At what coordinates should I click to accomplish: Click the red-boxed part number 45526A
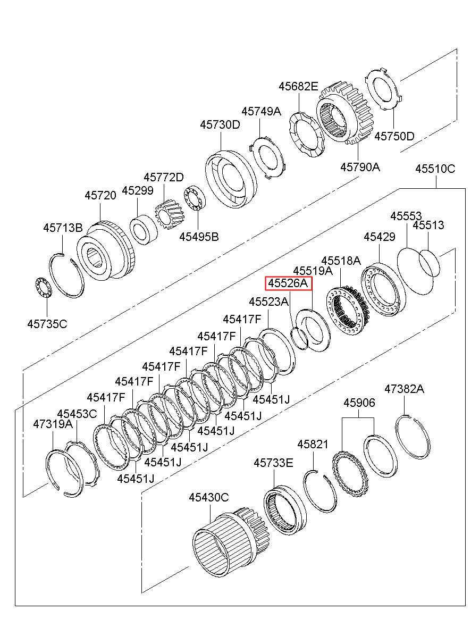288,284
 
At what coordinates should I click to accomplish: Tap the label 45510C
435,169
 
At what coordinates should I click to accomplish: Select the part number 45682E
299,86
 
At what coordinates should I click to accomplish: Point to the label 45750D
394,136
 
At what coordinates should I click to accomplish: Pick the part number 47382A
405,389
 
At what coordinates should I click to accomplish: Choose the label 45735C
47,324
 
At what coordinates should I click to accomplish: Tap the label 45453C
77,414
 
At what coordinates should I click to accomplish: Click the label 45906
359,403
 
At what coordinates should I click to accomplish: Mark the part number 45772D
164,177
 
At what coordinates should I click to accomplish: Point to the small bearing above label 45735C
44,288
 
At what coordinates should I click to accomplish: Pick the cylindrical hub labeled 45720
106,250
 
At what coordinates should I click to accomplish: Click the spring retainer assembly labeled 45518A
348,311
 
